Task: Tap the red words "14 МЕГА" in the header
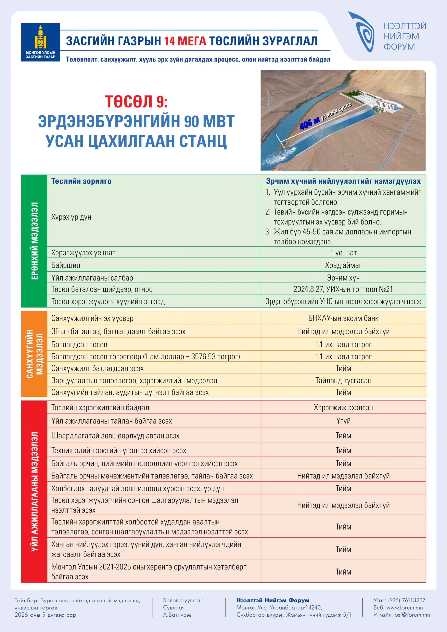point(185,41)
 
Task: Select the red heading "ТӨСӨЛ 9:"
point(136,102)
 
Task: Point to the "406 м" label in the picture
point(309,123)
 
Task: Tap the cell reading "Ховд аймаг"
point(343,265)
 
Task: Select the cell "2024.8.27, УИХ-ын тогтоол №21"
point(343,289)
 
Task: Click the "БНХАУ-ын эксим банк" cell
point(343,318)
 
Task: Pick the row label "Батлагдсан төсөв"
point(79,344)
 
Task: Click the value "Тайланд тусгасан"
point(343,380)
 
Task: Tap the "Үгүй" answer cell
point(343,421)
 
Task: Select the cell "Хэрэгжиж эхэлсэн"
point(343,407)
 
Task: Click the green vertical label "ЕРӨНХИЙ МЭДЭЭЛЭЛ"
point(34,241)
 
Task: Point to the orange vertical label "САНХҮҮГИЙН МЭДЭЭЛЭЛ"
point(34,354)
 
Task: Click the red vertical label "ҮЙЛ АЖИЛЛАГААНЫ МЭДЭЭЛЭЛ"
point(34,491)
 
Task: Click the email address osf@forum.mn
point(412,615)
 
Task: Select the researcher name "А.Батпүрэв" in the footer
point(177,615)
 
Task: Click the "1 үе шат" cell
point(343,252)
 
